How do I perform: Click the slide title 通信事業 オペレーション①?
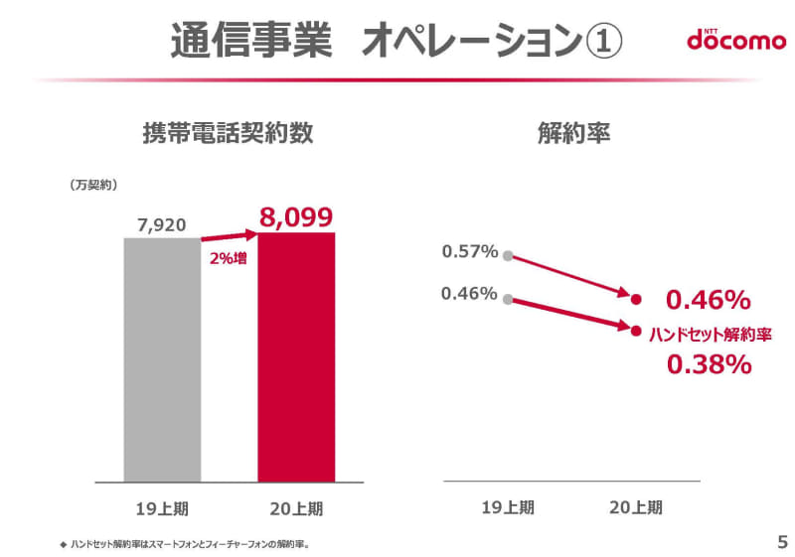click(x=397, y=42)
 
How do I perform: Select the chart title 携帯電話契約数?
click(x=228, y=133)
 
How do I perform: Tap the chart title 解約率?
click(x=572, y=133)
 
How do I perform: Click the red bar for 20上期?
click(x=296, y=357)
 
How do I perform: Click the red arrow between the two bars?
click(x=228, y=237)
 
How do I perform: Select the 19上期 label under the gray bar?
click(x=162, y=508)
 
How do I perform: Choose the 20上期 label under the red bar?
click(x=296, y=508)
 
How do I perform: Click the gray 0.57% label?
click(x=470, y=252)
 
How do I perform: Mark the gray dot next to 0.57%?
click(x=508, y=256)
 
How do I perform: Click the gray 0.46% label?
click(x=470, y=294)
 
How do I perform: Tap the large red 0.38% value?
click(x=708, y=364)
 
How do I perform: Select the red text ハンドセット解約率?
click(x=710, y=335)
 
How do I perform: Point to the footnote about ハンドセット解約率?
click(x=190, y=543)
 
